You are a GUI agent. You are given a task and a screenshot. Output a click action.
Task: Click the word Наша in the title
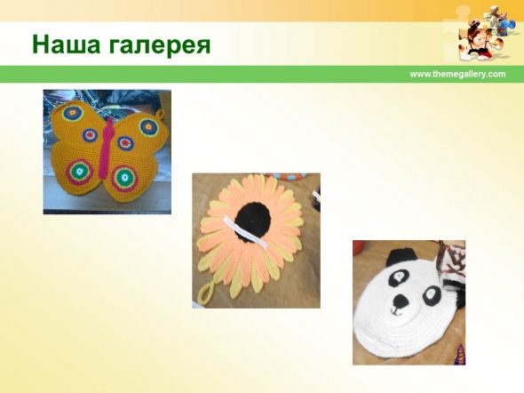pos(66,44)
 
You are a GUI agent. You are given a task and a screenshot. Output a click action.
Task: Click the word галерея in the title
pos(160,46)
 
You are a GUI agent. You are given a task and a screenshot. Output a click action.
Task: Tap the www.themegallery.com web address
pos(457,75)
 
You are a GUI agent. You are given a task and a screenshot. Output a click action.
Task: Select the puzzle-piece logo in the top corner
pos(481,34)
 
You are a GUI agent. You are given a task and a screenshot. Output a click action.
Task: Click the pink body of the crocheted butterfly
pos(107,150)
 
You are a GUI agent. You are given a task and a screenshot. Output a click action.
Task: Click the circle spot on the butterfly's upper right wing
pos(148,127)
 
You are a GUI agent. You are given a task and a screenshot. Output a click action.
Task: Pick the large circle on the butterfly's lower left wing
pos(80,172)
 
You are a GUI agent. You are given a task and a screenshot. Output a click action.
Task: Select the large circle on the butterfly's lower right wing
pos(125,177)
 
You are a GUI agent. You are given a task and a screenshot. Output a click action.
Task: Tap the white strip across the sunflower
pos(245,232)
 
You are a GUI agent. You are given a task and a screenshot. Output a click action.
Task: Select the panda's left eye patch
pos(399,277)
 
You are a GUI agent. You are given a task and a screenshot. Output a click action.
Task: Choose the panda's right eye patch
pos(431,296)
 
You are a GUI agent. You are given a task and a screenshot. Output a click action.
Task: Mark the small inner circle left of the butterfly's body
pos(90,135)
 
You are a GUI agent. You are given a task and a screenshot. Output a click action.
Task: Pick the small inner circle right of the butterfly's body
pos(125,143)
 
